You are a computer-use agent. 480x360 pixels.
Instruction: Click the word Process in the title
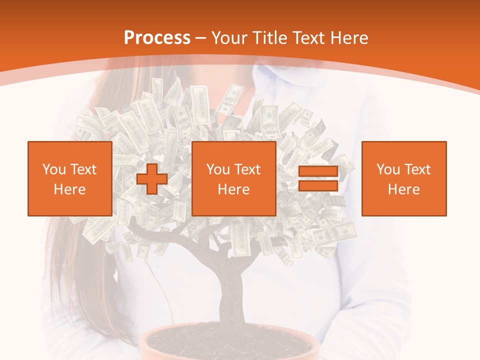coord(157,38)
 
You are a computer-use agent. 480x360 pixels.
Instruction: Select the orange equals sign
coord(318,179)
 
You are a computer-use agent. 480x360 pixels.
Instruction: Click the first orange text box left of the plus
coord(70,178)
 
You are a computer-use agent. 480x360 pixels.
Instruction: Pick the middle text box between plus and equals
coord(233,178)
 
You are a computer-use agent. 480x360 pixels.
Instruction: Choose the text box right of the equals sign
coord(404,178)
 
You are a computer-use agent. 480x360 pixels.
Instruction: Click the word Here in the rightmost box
coord(404,189)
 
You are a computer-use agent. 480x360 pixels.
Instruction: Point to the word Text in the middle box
coord(247,169)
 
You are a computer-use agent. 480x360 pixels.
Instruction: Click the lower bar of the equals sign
coord(318,185)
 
